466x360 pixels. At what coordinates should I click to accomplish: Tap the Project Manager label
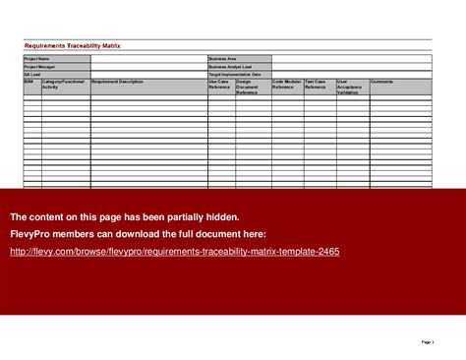pyautogui.click(x=38, y=67)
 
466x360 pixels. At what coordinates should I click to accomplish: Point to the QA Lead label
pyautogui.click(x=32, y=74)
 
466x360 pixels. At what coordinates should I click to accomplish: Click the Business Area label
pyautogui.click(x=223, y=59)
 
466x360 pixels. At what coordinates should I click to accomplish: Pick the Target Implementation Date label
pyautogui.click(x=235, y=74)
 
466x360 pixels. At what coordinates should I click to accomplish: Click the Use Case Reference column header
pyautogui.click(x=221, y=86)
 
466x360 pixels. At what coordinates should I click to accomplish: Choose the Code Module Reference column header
pyautogui.click(x=287, y=86)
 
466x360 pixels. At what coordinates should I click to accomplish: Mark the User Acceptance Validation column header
pyautogui.click(x=351, y=87)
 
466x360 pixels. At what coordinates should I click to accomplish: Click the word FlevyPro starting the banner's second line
pyautogui.click(x=31, y=234)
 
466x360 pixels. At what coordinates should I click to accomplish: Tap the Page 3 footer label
pyautogui.click(x=428, y=341)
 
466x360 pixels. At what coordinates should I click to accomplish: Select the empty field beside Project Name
pyautogui.click(x=147, y=59)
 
